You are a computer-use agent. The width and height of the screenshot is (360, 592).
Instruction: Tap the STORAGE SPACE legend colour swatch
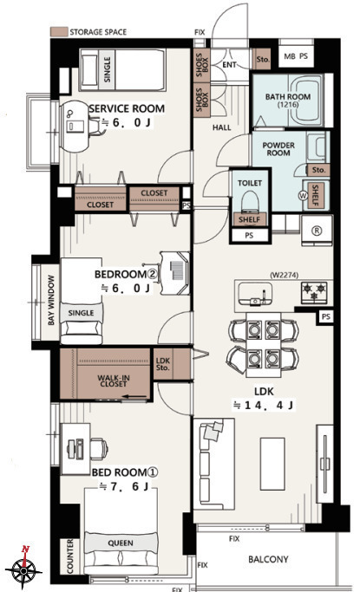tap(59, 32)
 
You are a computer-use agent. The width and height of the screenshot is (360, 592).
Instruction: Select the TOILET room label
tap(250, 183)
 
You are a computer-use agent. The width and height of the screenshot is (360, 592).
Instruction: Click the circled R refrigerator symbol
tap(317, 231)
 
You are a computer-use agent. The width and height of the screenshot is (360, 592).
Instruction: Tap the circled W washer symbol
tap(303, 196)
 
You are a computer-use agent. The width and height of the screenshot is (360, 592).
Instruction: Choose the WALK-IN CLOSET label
tap(114, 381)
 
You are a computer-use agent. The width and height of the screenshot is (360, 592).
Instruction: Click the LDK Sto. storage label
tap(163, 364)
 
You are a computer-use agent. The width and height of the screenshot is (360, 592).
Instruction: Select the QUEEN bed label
tap(121, 543)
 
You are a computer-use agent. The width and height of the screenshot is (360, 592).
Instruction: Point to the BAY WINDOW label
tap(51, 300)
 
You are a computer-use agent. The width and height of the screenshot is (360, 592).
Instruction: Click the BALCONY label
tap(268, 559)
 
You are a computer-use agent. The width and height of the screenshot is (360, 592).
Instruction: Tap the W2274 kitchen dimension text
tap(284, 276)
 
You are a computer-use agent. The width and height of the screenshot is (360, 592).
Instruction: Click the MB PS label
tap(296, 56)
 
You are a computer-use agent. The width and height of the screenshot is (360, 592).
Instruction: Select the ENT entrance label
tap(229, 65)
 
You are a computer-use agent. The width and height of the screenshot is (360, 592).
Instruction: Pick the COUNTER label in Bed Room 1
tap(70, 556)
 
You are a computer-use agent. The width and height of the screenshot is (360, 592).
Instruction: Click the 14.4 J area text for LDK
tap(264, 405)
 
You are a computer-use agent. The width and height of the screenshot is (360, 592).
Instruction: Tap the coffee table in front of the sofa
tap(272, 464)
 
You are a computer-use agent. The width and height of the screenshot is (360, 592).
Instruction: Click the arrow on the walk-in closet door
tap(134, 396)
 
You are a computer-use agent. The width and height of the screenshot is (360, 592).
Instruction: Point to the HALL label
tap(222, 127)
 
